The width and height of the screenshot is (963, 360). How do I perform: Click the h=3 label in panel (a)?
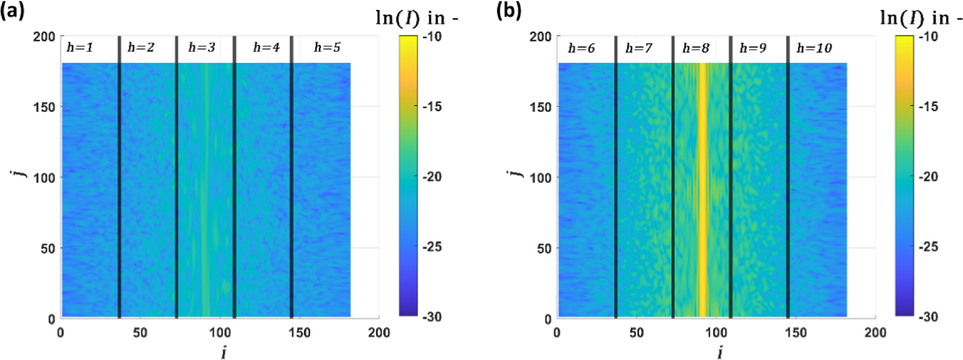201,48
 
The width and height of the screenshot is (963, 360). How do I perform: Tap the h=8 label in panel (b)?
695,48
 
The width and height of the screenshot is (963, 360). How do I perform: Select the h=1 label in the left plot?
80,48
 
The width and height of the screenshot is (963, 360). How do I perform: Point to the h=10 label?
814,48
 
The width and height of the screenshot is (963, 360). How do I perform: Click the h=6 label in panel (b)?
581,48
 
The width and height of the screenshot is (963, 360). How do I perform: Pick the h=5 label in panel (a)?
327,48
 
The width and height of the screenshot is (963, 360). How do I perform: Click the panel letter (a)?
12,11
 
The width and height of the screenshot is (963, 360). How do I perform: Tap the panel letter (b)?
509,11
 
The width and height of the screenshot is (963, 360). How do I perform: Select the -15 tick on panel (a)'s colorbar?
431,107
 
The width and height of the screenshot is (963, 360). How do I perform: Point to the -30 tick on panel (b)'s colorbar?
928,317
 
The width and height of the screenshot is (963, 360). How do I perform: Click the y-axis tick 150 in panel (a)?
44,107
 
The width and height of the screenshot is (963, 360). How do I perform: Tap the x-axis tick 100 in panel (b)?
716,333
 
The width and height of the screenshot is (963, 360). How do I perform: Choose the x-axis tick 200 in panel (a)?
379,333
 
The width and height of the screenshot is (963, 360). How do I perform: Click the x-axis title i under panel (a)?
223,352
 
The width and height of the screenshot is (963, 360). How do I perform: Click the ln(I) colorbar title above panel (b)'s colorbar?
920,19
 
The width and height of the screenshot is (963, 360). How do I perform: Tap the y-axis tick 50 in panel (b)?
544,248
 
